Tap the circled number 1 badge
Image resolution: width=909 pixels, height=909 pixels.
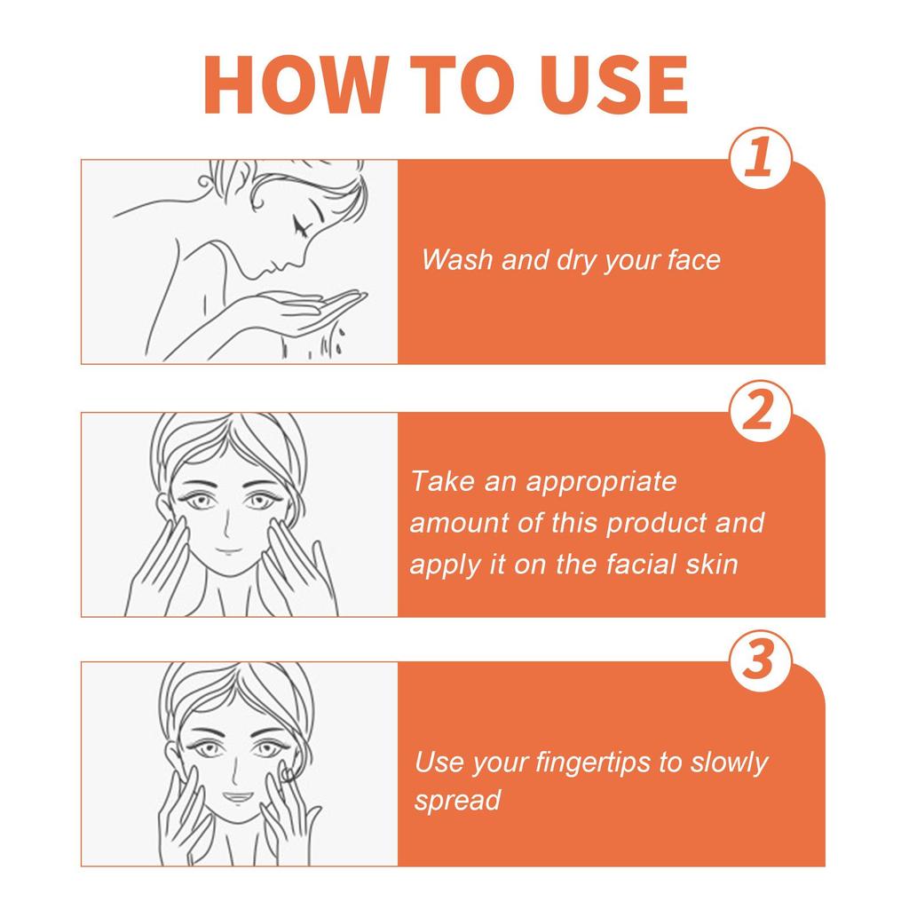[757, 161]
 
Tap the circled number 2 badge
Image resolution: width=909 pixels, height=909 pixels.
[757, 412]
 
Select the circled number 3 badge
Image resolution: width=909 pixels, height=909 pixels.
[757, 662]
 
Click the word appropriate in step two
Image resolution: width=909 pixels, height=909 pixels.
[602, 482]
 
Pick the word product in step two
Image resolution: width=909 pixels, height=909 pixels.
[657, 523]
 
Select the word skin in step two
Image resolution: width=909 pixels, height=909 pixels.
[710, 565]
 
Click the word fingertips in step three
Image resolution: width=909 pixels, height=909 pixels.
[581, 763]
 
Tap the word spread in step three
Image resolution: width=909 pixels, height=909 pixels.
[457, 801]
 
